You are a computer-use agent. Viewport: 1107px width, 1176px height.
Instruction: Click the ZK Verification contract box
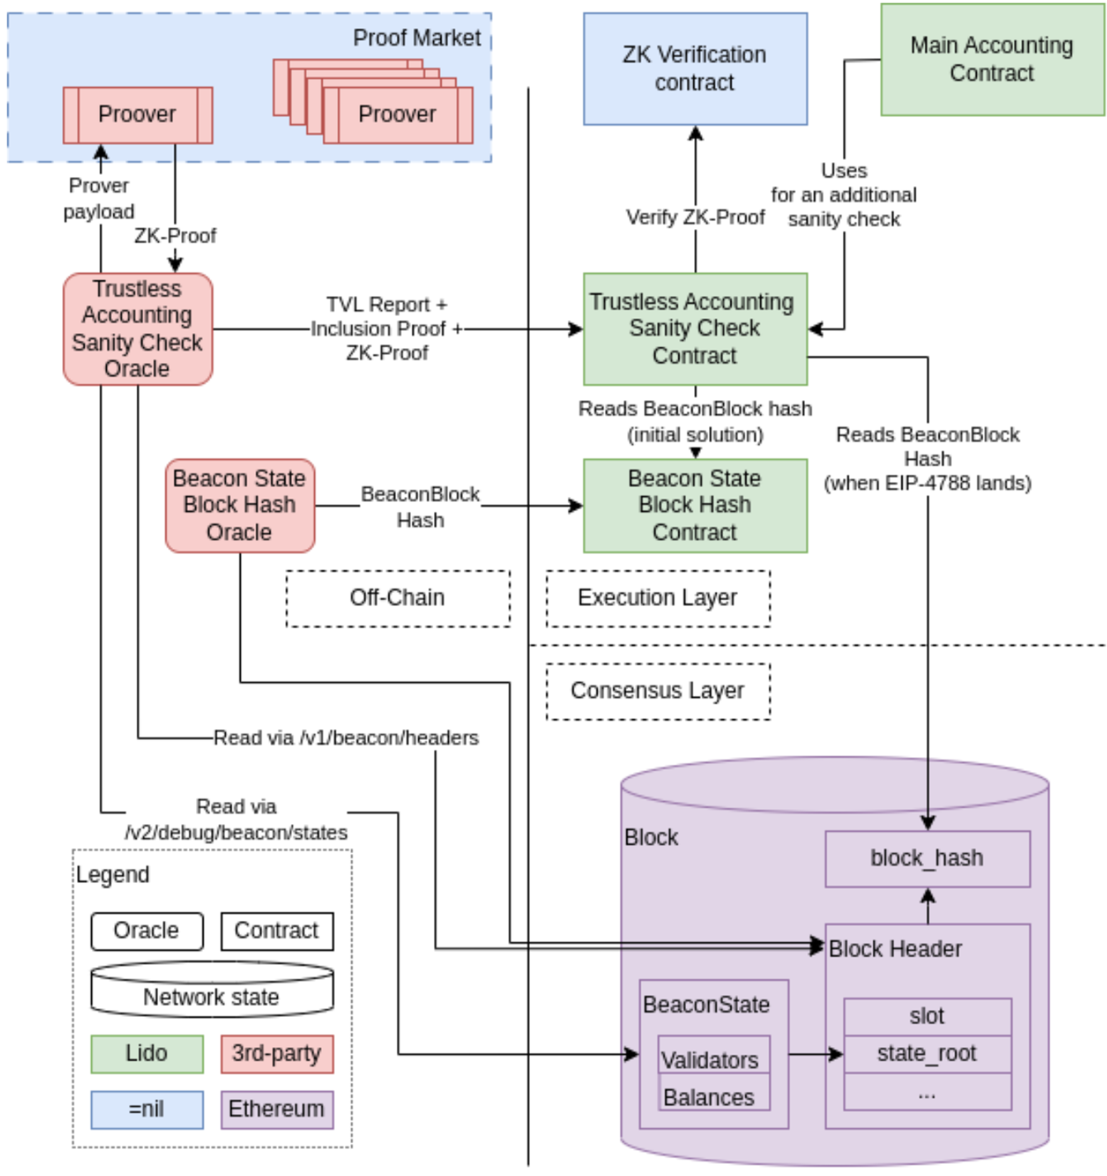point(695,69)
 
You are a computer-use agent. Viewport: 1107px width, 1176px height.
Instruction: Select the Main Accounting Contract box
point(992,59)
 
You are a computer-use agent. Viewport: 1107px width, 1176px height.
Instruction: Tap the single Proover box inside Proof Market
point(138,115)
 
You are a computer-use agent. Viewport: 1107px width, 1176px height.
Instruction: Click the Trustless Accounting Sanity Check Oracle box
point(138,329)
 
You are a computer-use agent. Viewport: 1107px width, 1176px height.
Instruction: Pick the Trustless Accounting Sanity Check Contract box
point(695,329)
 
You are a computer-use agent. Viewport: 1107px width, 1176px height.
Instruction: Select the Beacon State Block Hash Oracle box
point(240,506)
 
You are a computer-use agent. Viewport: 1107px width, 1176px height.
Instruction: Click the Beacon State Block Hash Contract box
point(695,506)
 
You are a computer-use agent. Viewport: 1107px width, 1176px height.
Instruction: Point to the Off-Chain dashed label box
point(398,598)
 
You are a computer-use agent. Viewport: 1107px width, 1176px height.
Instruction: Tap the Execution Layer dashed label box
point(658,598)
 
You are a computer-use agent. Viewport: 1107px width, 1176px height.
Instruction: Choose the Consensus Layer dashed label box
point(658,692)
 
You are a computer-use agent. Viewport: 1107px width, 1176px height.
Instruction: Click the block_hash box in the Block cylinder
point(927,859)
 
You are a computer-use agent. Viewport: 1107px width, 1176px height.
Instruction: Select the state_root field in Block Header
point(927,1054)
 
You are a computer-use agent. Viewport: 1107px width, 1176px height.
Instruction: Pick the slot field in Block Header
point(927,1017)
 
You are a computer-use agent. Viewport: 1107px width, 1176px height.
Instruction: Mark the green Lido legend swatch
point(147,1054)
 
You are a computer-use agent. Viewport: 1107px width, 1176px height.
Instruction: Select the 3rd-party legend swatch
point(277,1054)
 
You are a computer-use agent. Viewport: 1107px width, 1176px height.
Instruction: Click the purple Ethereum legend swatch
point(277,1110)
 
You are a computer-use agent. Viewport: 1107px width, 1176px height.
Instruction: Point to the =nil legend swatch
point(147,1110)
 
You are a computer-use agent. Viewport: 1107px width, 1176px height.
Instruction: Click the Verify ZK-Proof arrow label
point(695,217)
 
